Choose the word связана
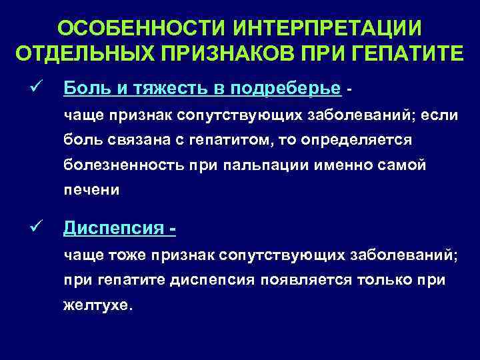[127, 140]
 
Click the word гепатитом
[221, 140]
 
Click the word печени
[91, 190]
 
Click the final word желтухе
[98, 307]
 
